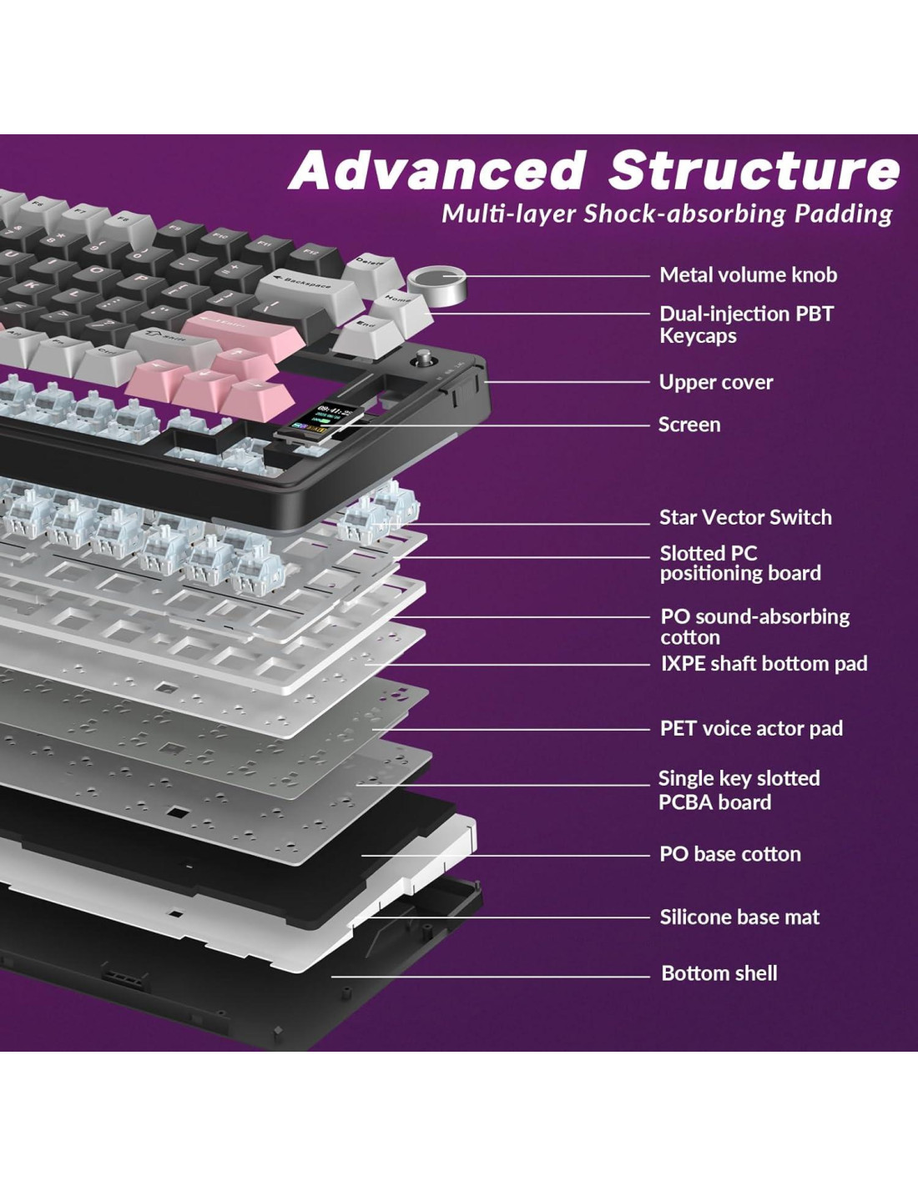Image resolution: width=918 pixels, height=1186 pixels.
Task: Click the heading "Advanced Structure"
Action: [x=594, y=170]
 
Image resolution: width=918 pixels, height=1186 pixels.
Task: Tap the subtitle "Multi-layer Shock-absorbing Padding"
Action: [x=666, y=214]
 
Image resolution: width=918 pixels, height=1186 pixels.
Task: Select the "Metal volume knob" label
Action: [x=748, y=275]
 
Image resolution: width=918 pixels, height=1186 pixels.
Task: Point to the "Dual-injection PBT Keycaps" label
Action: [x=746, y=324]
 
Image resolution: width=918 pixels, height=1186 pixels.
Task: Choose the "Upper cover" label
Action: [x=715, y=382]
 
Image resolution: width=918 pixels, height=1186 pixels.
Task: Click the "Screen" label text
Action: [x=688, y=425]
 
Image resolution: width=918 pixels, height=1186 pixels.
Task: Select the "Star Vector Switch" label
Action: [x=744, y=517]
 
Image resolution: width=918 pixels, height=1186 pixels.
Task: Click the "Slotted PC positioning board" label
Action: [x=739, y=563]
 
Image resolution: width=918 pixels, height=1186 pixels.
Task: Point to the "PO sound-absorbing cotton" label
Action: [x=754, y=626]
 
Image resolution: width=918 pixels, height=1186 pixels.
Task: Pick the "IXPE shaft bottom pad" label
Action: [x=764, y=664]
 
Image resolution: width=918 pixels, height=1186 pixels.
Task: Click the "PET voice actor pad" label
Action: [x=751, y=728]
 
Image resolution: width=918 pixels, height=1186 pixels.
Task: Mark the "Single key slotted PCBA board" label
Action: [x=739, y=790]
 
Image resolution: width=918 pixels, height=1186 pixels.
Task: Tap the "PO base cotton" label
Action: [x=729, y=854]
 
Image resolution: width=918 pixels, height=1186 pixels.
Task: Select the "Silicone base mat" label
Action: [x=739, y=917]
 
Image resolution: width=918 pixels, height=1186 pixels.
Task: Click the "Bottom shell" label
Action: [x=719, y=973]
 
